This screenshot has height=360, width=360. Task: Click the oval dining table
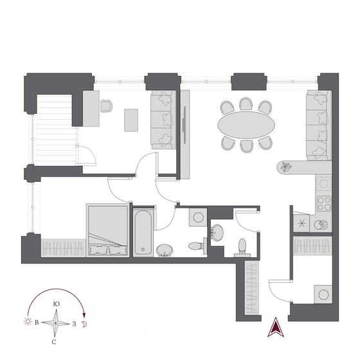(x=246, y=125)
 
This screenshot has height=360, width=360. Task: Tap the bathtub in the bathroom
(x=143, y=233)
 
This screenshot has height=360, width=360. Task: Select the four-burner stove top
(x=324, y=203)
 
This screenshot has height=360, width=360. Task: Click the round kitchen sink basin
(x=321, y=225)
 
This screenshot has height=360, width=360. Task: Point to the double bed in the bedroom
(x=107, y=230)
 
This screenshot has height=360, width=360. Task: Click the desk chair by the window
(x=107, y=106)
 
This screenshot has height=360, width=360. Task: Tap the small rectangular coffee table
(x=131, y=120)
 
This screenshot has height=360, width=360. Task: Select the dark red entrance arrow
(x=276, y=327)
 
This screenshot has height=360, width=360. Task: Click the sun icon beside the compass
(x=28, y=321)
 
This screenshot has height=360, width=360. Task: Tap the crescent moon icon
(x=84, y=324)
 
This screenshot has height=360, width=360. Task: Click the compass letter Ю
(x=57, y=304)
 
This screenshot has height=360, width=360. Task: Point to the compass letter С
(x=54, y=342)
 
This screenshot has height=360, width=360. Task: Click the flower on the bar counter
(x=285, y=166)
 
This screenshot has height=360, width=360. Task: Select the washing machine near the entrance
(x=323, y=294)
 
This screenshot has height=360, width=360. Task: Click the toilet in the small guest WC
(x=242, y=248)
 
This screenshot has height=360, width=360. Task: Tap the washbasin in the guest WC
(x=217, y=233)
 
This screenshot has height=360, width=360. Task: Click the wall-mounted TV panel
(x=184, y=125)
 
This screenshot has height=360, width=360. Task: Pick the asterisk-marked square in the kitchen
(x=301, y=223)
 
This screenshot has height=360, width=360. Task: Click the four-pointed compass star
(x=55, y=323)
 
